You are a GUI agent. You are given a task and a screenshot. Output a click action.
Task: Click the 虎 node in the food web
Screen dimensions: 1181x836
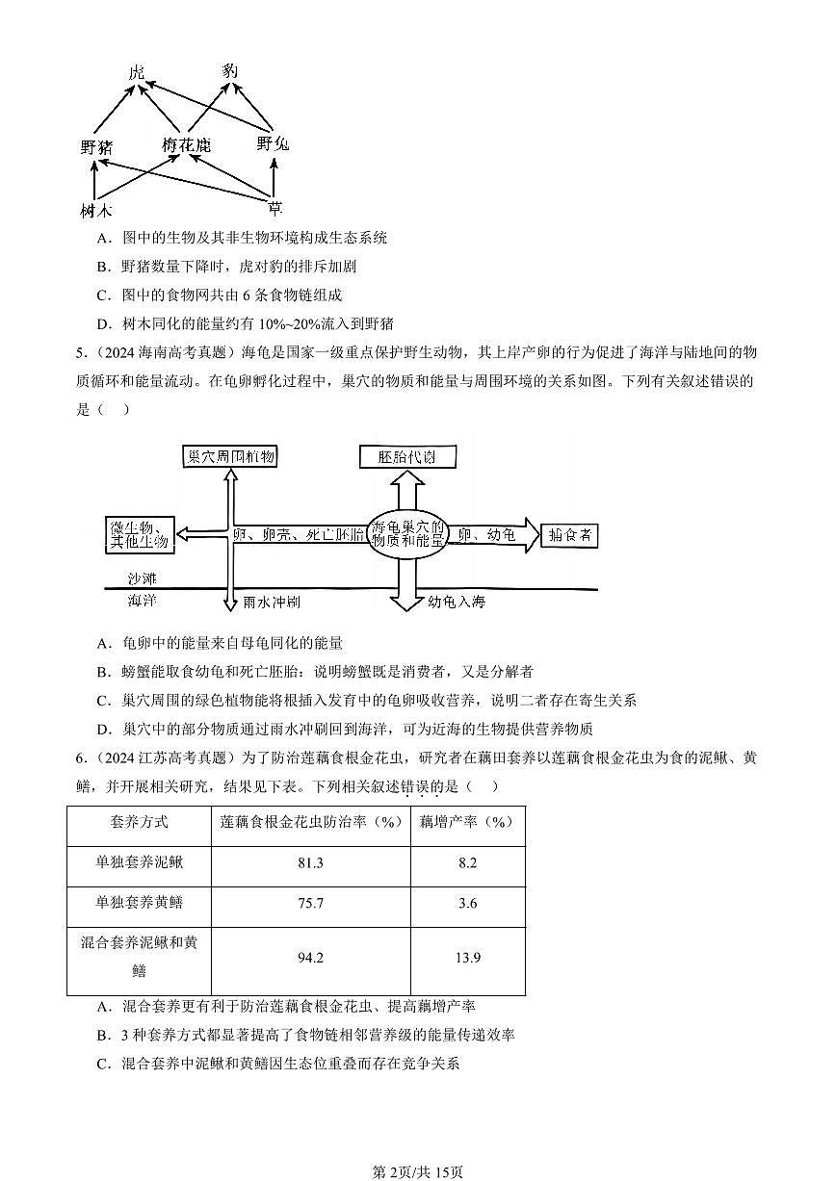click(x=137, y=73)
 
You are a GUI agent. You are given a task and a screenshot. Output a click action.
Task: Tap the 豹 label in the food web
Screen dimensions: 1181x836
click(x=229, y=71)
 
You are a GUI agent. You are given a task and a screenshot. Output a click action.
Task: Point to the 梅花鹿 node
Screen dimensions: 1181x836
click(x=186, y=145)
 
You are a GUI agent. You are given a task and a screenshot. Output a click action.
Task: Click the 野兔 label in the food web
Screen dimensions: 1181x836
click(x=273, y=143)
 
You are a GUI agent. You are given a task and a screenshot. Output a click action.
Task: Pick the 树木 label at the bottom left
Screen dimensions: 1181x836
click(x=96, y=210)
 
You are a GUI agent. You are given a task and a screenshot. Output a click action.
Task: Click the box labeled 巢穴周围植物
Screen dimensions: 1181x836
click(x=229, y=456)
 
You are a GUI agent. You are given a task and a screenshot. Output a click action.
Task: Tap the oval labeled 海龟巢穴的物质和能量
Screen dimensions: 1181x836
click(x=408, y=534)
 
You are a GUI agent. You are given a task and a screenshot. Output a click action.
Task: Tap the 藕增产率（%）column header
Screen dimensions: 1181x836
click(x=467, y=822)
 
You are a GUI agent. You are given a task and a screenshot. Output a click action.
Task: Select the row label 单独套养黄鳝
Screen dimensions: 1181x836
click(x=140, y=903)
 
